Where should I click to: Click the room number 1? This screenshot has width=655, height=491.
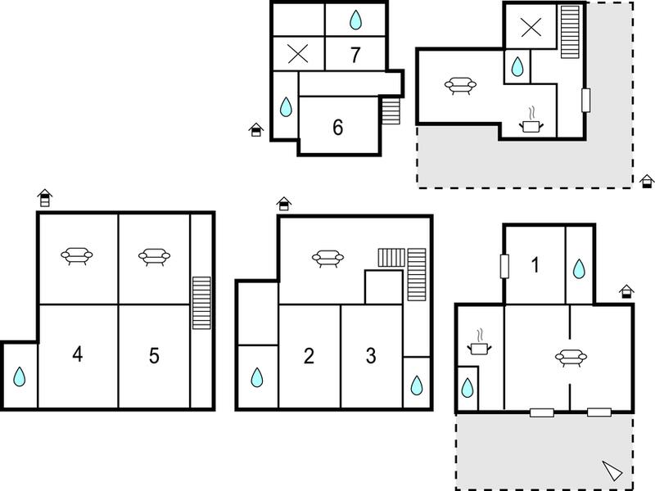click(535, 265)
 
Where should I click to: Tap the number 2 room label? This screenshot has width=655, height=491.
click(309, 356)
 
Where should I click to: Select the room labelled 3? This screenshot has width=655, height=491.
click(371, 356)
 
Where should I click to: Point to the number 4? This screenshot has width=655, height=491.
click(77, 354)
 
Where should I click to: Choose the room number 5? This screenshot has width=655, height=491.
click(154, 356)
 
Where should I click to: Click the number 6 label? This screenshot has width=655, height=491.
click(338, 127)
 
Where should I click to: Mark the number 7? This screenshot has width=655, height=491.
click(355, 55)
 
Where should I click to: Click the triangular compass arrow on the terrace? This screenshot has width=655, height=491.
click(612, 471)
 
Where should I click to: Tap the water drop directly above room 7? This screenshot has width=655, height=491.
click(355, 20)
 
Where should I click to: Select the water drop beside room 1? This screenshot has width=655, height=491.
click(579, 268)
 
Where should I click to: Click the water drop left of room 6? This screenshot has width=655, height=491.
click(286, 107)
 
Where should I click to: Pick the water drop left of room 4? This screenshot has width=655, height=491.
click(19, 376)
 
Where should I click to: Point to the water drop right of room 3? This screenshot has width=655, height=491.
click(417, 385)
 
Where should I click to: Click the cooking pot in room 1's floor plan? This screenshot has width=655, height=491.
click(479, 343)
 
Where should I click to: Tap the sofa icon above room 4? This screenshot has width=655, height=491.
click(77, 255)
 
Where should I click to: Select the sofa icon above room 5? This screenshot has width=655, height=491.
click(154, 256)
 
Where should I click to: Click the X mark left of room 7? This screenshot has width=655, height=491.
click(298, 53)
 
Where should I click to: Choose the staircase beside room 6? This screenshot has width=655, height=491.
click(391, 111)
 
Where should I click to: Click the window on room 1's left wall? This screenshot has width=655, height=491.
click(504, 267)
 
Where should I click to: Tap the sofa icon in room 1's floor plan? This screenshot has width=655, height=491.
click(571, 358)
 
